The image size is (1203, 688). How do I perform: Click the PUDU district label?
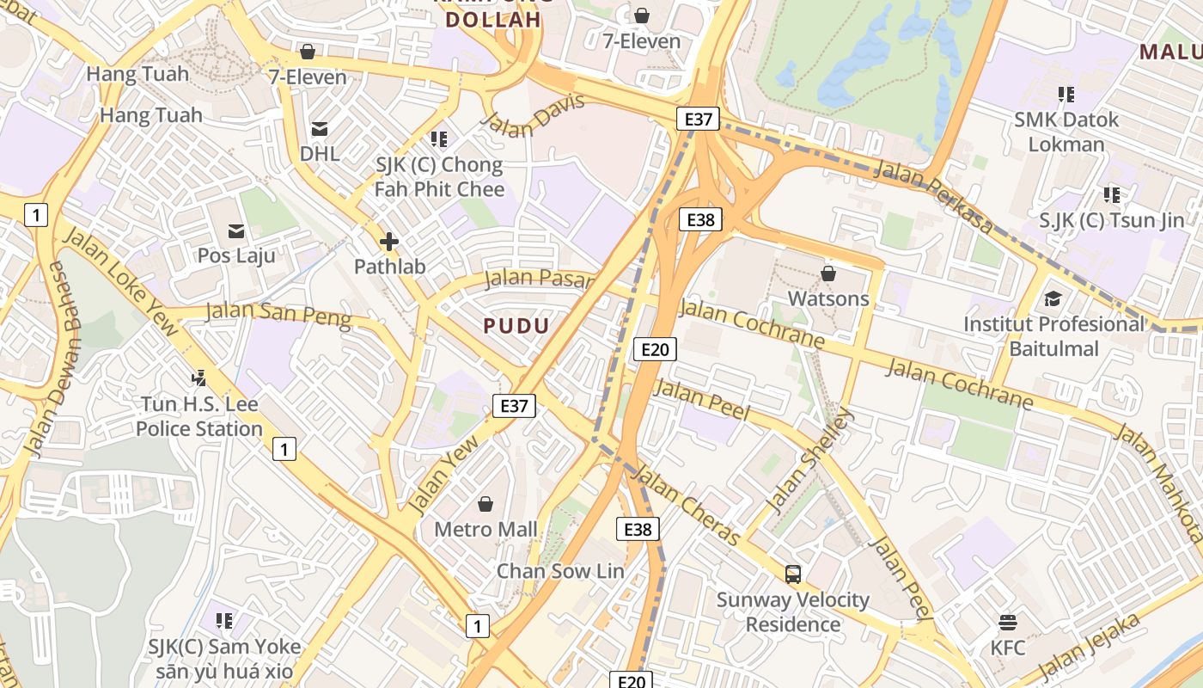pyautogui.click(x=516, y=326)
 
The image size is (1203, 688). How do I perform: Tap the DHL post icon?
pyautogui.click(x=320, y=129)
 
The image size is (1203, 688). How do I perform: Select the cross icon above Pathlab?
pyautogui.click(x=389, y=243)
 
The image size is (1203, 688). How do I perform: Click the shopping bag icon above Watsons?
pyautogui.click(x=828, y=273)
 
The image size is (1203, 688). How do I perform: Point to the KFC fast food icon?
pyautogui.click(x=1007, y=622)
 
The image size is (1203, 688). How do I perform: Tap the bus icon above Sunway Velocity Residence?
pyautogui.click(x=792, y=574)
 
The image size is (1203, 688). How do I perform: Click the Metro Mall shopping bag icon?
pyautogui.click(x=485, y=503)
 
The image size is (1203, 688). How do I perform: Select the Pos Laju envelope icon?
pyautogui.click(x=236, y=230)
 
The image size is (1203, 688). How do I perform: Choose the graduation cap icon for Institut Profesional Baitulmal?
pyautogui.click(x=1053, y=298)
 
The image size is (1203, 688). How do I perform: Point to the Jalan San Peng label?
pyautogui.click(x=279, y=314)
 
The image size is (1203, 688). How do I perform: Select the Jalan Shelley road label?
pyautogui.click(x=810, y=461)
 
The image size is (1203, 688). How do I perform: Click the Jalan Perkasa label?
pyautogui.click(x=934, y=198)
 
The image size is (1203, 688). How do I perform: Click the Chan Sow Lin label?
pyautogui.click(x=560, y=571)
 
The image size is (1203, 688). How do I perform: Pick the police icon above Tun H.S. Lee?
pyautogui.click(x=199, y=377)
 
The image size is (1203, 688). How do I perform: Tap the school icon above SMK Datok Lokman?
pyautogui.click(x=1066, y=94)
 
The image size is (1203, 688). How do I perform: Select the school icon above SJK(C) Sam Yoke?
pyautogui.click(x=224, y=620)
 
